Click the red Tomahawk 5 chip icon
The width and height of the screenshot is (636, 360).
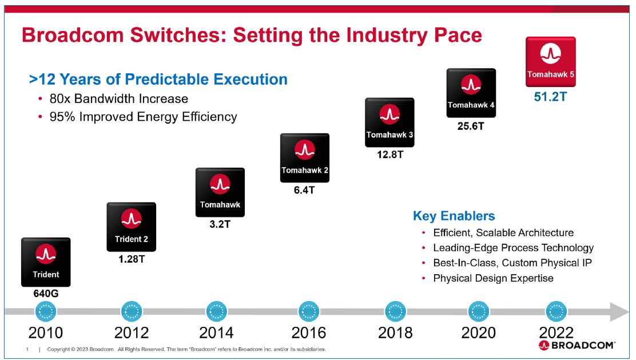click(x=550, y=62)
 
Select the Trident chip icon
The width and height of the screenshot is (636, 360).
click(x=46, y=262)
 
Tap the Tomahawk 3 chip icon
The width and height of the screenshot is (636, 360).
click(x=389, y=122)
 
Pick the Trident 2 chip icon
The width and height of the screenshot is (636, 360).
click(x=131, y=227)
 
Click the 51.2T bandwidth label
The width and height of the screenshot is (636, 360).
click(x=550, y=96)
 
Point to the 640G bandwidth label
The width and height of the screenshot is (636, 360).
click(x=45, y=294)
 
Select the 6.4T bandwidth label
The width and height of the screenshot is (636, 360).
click(x=304, y=189)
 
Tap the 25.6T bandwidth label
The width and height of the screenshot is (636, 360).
click(x=471, y=126)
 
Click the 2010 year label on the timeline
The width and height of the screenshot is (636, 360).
click(x=46, y=333)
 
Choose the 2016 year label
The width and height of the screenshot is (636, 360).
click(x=308, y=333)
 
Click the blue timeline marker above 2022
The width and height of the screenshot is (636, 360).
click(x=556, y=311)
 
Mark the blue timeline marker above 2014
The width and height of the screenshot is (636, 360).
click(x=216, y=311)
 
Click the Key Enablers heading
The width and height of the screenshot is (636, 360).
click(x=454, y=216)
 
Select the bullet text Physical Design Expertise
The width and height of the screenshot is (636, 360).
click(x=493, y=278)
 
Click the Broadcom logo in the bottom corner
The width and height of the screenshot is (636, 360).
click(x=577, y=345)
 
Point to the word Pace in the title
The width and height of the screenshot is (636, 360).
click(x=455, y=35)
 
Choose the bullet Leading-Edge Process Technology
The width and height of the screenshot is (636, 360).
click(x=513, y=248)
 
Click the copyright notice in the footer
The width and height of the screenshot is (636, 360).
click(x=186, y=349)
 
